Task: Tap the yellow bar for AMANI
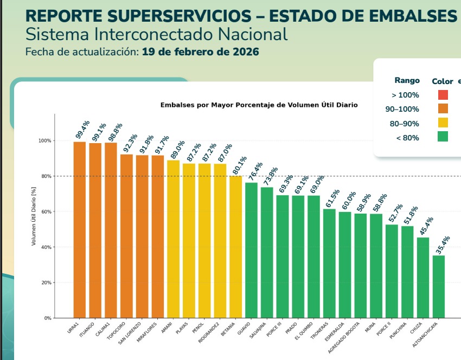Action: [x=173, y=239]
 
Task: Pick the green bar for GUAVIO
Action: [x=251, y=250]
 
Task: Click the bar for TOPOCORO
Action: [x=126, y=236]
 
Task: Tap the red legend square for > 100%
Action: [x=443, y=95]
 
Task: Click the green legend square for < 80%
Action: [x=443, y=137]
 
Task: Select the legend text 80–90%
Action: [x=405, y=124]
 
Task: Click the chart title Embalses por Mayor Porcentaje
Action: [x=259, y=105]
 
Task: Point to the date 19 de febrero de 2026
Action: [x=201, y=53]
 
